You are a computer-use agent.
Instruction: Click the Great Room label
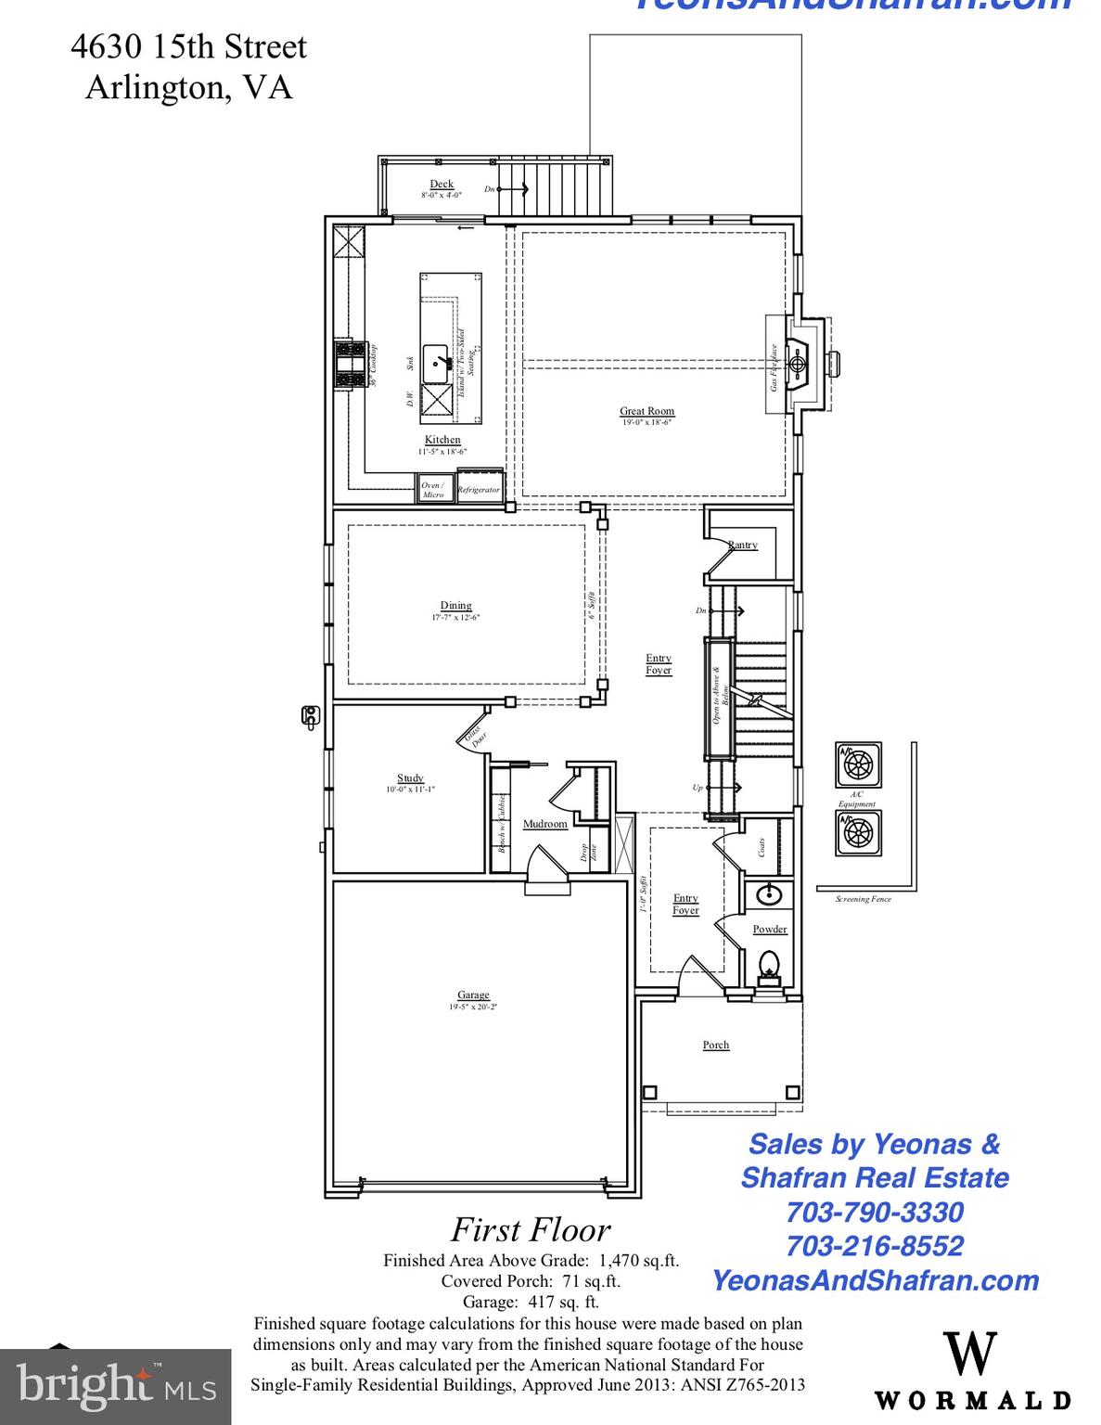[x=647, y=411]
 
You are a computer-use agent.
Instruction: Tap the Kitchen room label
[x=442, y=440]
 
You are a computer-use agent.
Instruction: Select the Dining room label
[x=455, y=606]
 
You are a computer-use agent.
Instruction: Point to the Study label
[x=410, y=778]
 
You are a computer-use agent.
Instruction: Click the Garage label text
[x=473, y=995]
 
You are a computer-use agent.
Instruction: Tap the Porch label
[x=716, y=1046]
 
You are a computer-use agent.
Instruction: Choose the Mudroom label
[x=544, y=824]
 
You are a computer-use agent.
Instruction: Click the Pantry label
[x=743, y=546]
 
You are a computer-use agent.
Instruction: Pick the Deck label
[x=442, y=185]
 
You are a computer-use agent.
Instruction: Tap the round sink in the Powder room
[x=768, y=895]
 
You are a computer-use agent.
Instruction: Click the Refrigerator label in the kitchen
[x=479, y=490]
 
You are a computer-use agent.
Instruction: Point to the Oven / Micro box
[x=433, y=489]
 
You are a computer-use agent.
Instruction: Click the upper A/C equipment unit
[x=859, y=765]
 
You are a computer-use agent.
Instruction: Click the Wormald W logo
[x=970, y=1355]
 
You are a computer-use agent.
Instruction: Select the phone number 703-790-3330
[x=874, y=1212]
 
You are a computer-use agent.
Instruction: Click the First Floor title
[x=531, y=1230]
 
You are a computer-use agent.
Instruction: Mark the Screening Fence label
[x=863, y=899]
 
